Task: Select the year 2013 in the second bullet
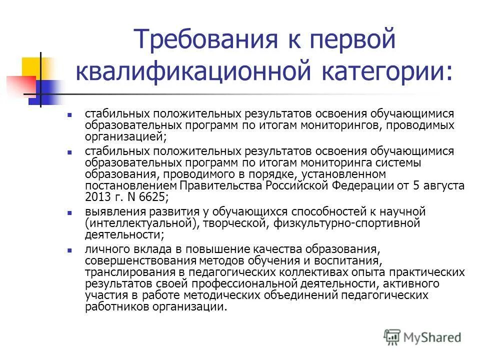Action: pyautogui.click(x=95, y=196)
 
